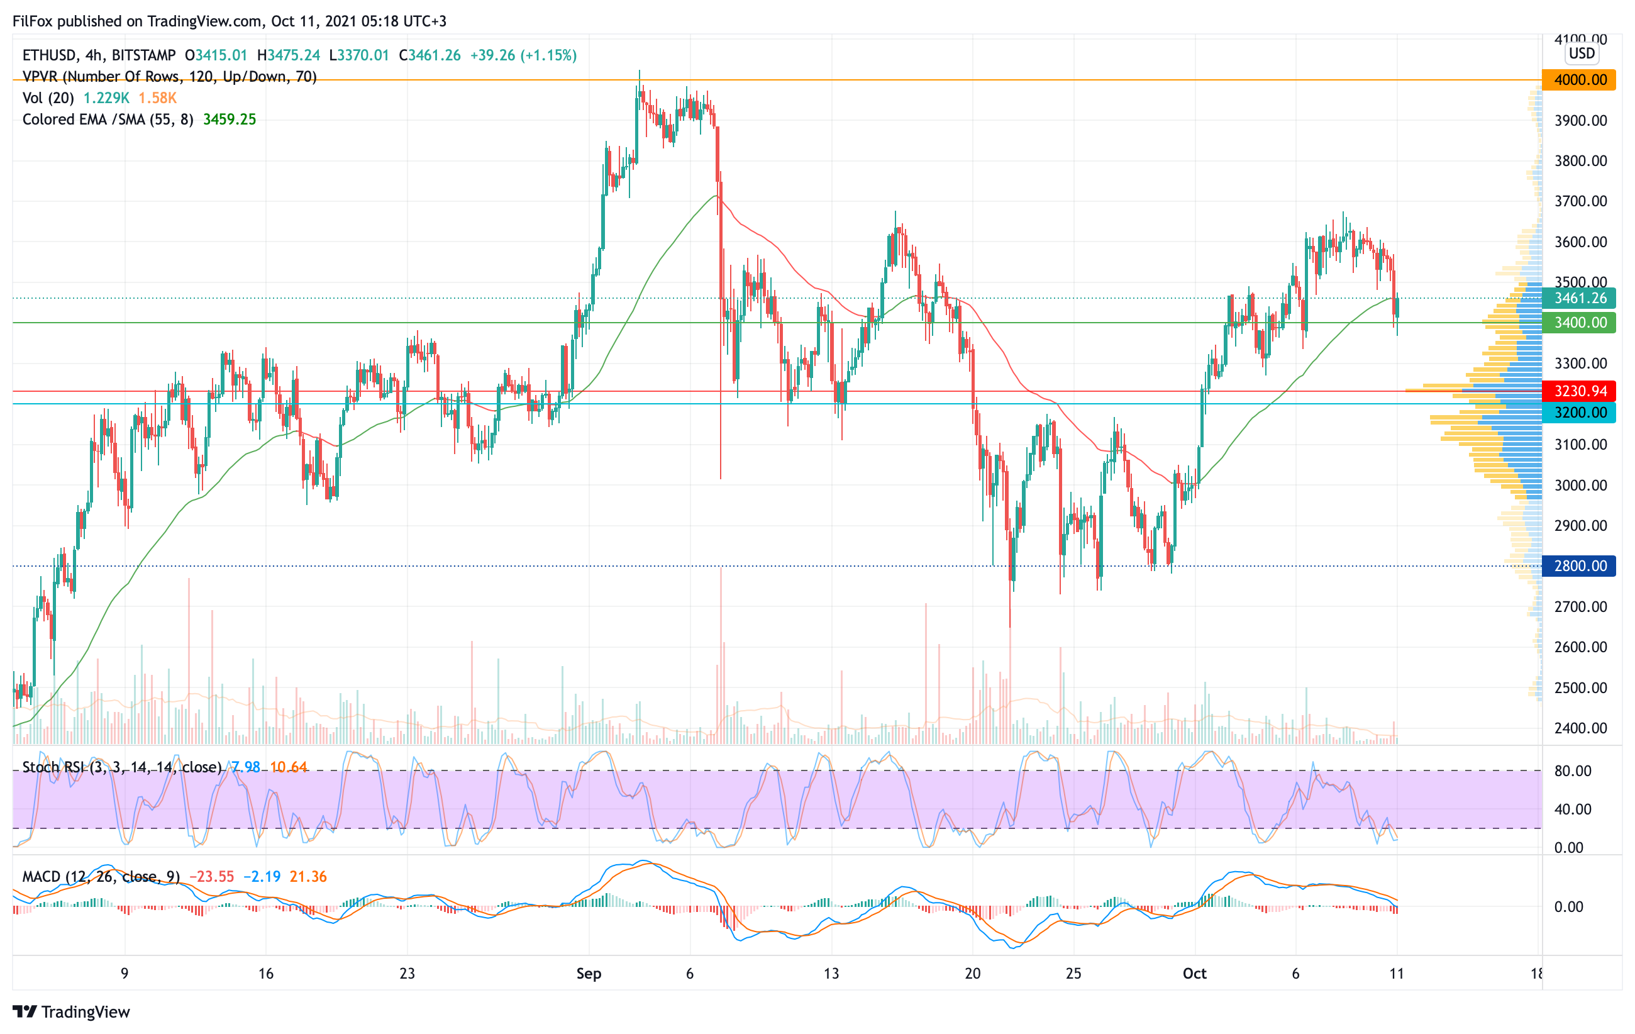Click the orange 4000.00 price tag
point(1579,80)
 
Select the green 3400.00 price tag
point(1579,323)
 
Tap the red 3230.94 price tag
point(1579,391)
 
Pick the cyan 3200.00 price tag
point(1579,412)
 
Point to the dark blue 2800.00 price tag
point(1579,565)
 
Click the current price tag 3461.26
point(1579,298)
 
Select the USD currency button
point(1582,53)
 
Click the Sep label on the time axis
point(589,974)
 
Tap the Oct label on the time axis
point(1194,974)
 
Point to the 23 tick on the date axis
point(407,974)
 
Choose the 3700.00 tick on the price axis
point(1580,201)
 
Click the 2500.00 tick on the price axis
point(1580,687)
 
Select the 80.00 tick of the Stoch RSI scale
point(1573,770)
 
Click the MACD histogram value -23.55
point(211,877)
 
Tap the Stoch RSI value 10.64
point(289,767)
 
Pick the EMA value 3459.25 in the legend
point(230,120)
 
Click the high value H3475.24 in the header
point(289,55)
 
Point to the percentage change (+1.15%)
point(548,55)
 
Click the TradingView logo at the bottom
point(71,1011)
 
